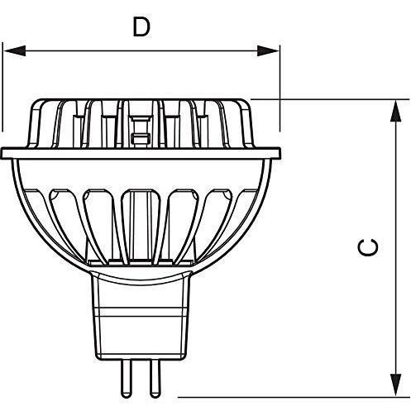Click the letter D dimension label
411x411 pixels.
141,26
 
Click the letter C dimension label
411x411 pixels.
368,247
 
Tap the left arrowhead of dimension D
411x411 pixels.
15,50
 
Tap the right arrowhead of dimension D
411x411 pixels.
268,50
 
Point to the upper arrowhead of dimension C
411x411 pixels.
396,111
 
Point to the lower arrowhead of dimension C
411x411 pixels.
396,385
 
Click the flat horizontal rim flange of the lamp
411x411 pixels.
141,153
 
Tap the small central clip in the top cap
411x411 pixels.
141,130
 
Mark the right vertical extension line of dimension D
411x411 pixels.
280,88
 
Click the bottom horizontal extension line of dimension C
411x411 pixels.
294,397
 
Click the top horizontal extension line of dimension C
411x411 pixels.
330,99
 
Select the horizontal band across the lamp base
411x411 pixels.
141,312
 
